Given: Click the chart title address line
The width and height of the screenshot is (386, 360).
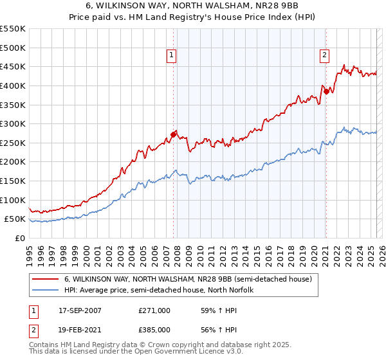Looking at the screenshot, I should point(193,6).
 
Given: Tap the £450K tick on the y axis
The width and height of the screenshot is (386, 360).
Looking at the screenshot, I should point(12,66).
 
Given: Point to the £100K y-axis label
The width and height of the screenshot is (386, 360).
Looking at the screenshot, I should point(12,200).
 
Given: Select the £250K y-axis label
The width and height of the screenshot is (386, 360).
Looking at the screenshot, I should point(12,143).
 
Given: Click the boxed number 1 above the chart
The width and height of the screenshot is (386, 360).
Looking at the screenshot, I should point(172,56).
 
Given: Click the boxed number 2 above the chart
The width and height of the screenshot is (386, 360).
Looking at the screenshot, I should point(325,56).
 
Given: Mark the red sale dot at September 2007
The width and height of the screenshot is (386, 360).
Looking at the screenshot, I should point(173,135).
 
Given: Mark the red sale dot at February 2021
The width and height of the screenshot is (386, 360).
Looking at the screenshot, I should point(326,91).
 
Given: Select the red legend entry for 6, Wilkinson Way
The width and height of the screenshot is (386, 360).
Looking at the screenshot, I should point(188,279).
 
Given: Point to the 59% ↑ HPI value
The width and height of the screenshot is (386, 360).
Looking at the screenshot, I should point(219,310).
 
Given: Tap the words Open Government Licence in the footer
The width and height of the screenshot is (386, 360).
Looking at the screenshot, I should point(194,353).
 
